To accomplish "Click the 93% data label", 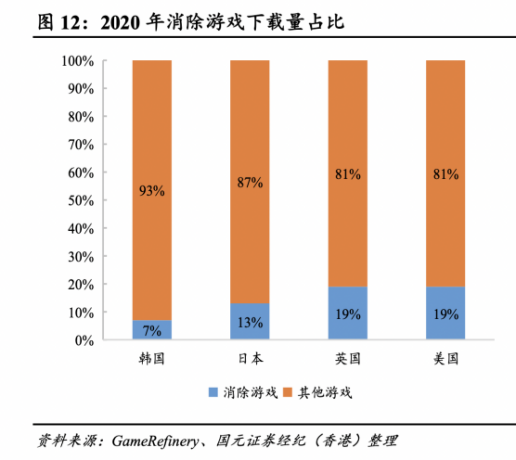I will coord(152,191).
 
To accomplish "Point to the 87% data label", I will coord(250,183).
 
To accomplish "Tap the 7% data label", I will coord(152,331).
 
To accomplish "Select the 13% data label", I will coord(250,323).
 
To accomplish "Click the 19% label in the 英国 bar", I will coord(348,315).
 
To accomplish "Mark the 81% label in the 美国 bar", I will coord(446,174).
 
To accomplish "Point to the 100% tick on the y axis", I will coord(78,61).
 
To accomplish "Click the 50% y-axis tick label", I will coord(81,201).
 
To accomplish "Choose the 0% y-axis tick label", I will coord(84,341).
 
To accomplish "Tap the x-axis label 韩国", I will coord(152,359).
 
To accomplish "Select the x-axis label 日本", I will coord(250,359).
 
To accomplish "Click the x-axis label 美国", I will coord(446,359).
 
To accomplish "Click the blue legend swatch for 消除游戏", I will coord(213,392).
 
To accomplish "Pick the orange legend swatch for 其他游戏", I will coord(288,392).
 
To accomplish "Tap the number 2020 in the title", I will coord(120,23).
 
